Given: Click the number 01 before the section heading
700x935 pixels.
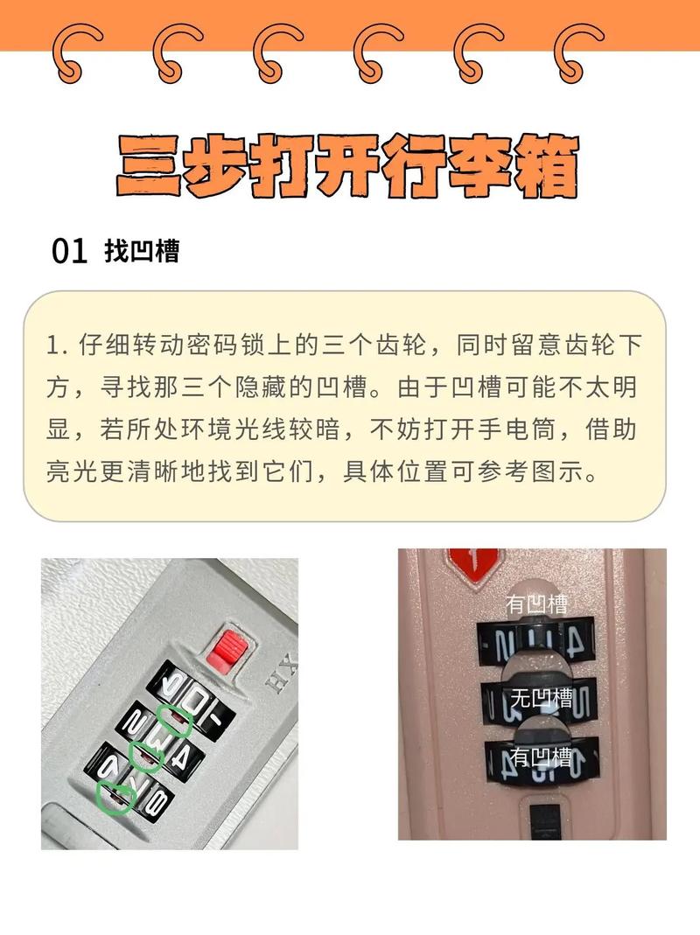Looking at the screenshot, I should (x=70, y=252).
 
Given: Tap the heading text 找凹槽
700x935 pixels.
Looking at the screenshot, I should (x=142, y=252).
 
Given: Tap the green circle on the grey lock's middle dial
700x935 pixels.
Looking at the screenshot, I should (x=145, y=756).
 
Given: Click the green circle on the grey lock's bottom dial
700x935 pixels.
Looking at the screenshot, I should (x=113, y=797).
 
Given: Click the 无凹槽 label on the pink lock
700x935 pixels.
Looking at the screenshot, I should (x=541, y=698).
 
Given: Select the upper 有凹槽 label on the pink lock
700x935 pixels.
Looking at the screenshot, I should (x=537, y=604).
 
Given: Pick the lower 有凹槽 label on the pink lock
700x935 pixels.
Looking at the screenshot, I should (x=541, y=756).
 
